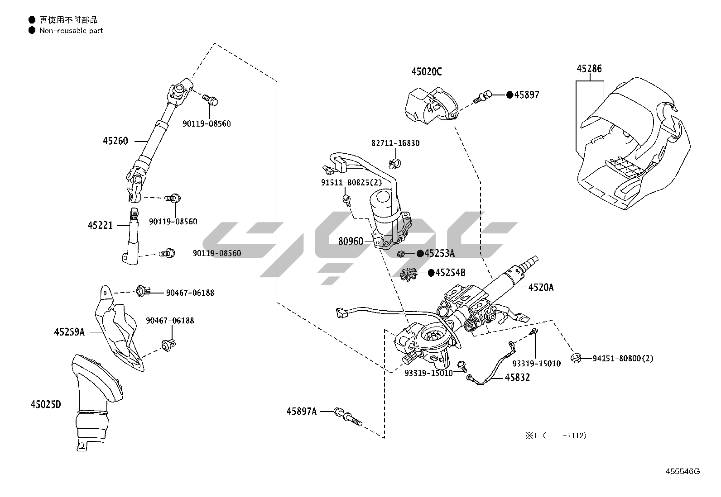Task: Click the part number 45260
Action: pyautogui.click(x=115, y=141)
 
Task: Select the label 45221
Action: pyautogui.click(x=100, y=225)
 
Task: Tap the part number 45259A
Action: pyautogui.click(x=69, y=332)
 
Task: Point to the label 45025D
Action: pyautogui.click(x=45, y=404)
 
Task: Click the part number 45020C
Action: pyautogui.click(x=426, y=71)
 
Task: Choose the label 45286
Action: pyautogui.click(x=589, y=69)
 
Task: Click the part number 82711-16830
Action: pyautogui.click(x=395, y=143)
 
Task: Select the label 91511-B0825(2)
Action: pyautogui.click(x=351, y=182)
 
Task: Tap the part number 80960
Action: pyautogui.click(x=351, y=241)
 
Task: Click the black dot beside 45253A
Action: pyautogui.click(x=420, y=253)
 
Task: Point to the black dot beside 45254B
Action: pyautogui.click(x=431, y=273)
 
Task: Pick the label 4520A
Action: pyautogui.click(x=541, y=287)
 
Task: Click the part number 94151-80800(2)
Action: pyautogui.click(x=623, y=359)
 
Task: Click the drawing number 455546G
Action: pyautogui.click(x=682, y=471)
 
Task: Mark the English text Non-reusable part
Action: pyautogui.click(x=71, y=31)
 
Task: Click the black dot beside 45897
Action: pyautogui.click(x=510, y=95)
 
